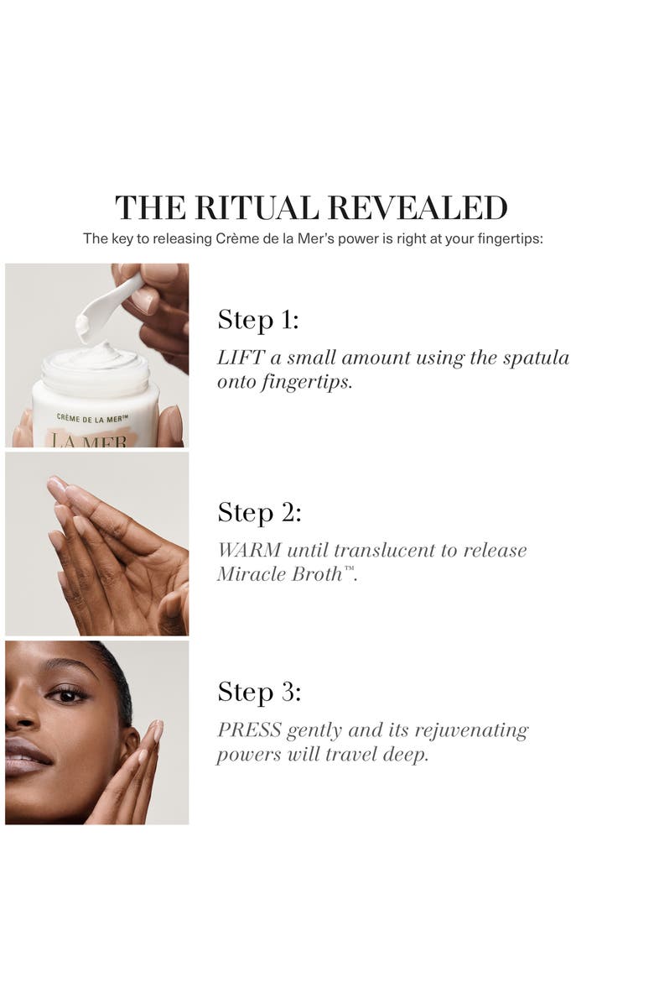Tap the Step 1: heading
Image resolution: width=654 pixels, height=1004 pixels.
pos(258,320)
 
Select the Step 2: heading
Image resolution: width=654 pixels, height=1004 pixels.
pos(259,512)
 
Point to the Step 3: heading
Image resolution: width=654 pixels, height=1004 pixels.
pos(259,693)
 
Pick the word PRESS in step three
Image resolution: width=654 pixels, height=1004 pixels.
pos(249,730)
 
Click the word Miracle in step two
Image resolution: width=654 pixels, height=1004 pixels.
pos(250,574)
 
